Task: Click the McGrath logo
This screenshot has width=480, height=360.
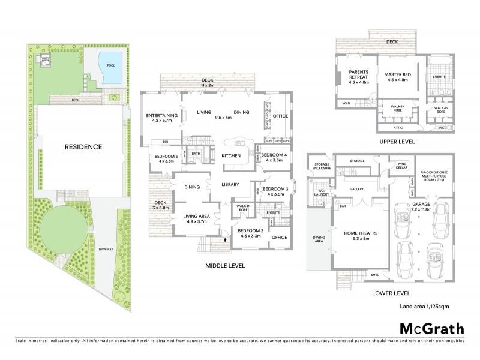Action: pos(432,328)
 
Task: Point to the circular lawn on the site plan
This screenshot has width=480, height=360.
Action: pos(63,228)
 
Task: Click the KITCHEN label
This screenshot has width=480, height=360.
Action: pos(231,156)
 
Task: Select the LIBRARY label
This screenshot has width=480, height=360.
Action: pos(230,185)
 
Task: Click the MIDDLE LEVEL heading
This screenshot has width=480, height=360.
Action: pos(225,265)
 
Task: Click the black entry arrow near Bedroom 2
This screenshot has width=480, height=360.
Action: pos(226,239)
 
